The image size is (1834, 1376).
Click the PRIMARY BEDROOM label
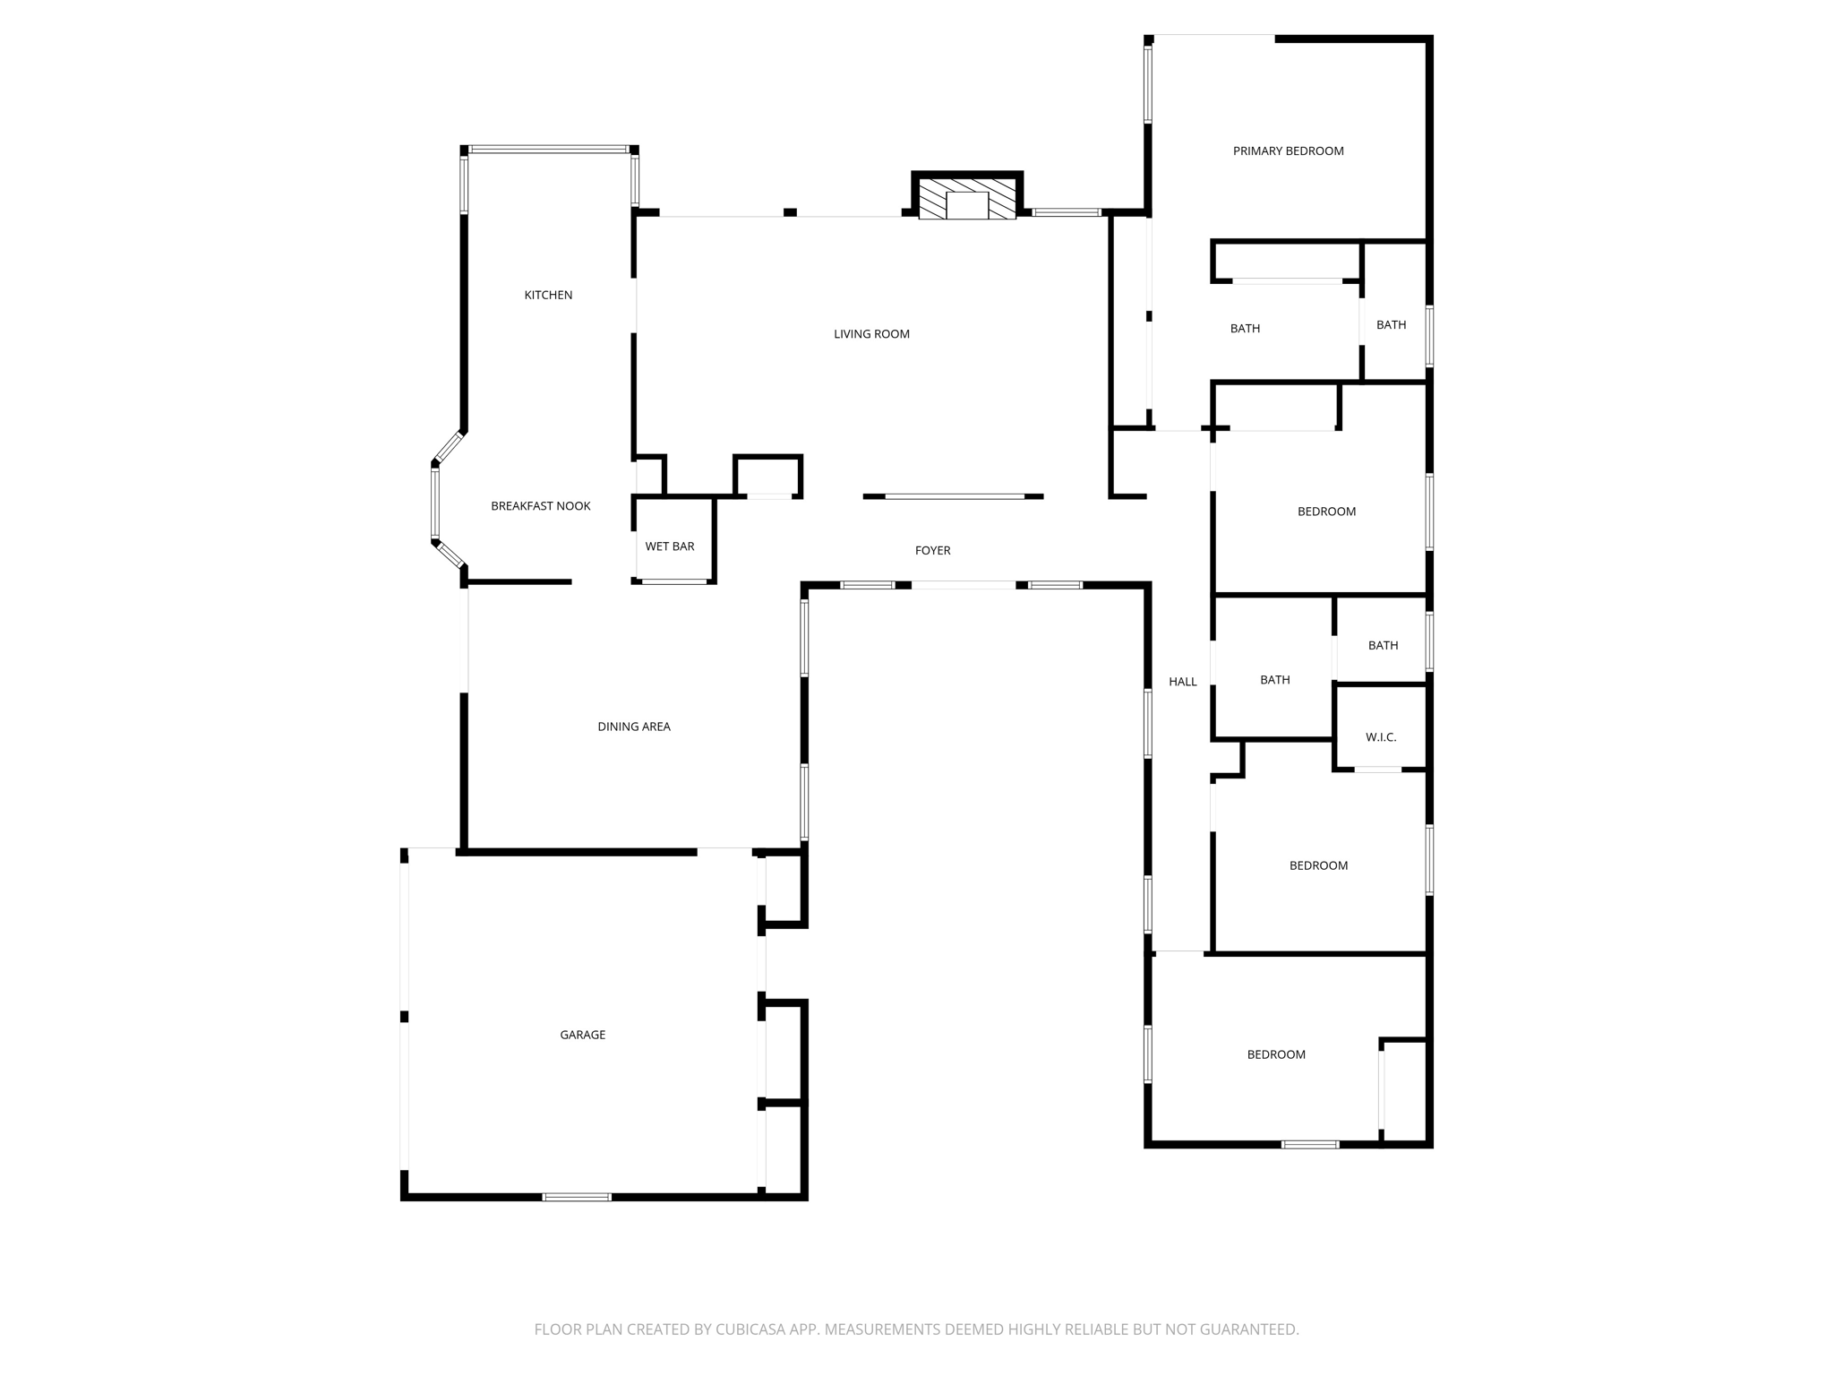(1288, 150)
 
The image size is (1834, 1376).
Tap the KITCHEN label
(548, 295)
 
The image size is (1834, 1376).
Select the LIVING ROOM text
(871, 334)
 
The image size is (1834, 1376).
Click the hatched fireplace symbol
(967, 198)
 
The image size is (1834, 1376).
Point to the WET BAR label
(670, 546)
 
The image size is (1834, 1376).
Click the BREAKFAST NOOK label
(541, 506)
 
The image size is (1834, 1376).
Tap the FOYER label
(932, 551)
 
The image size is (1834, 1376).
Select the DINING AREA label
(634, 727)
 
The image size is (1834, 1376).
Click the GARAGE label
(583, 1035)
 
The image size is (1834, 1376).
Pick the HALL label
(1183, 682)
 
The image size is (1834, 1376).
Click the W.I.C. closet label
(1381, 737)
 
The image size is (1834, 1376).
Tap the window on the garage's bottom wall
(578, 1197)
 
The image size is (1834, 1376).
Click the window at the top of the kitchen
(549, 150)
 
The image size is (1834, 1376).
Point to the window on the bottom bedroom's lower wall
(1310, 1145)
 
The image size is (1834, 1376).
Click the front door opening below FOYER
(964, 585)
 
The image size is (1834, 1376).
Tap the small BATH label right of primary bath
(1391, 325)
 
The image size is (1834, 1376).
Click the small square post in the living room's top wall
(790, 212)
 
